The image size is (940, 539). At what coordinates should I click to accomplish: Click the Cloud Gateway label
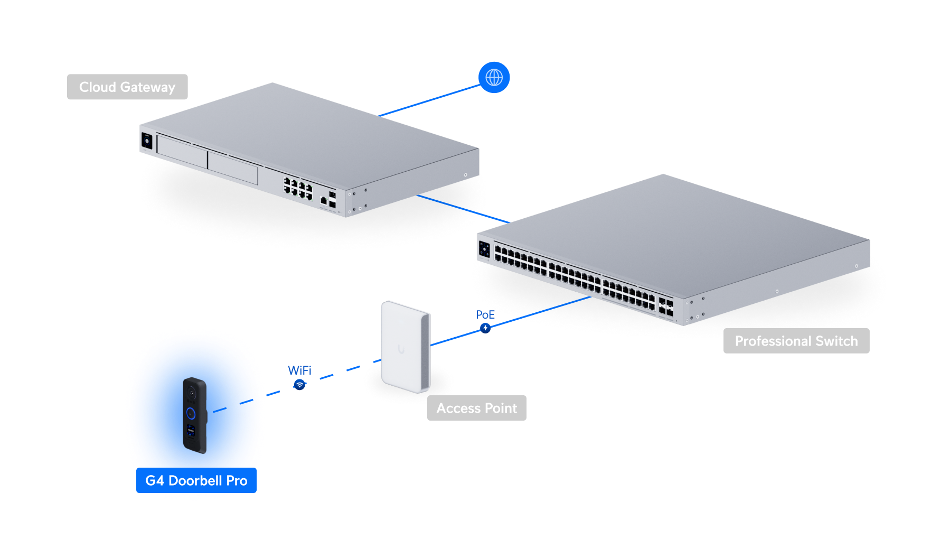(127, 87)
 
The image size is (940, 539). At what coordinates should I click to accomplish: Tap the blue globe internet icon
(494, 78)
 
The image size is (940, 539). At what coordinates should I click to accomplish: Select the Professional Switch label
(796, 341)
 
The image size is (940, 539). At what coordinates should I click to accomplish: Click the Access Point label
(476, 408)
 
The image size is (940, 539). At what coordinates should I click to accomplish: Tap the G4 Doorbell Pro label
(196, 480)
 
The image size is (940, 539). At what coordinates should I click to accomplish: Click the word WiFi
(299, 370)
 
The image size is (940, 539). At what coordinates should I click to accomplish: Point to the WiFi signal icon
(299, 385)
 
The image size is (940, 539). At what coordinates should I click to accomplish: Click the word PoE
(485, 315)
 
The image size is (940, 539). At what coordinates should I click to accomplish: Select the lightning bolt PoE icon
(485, 328)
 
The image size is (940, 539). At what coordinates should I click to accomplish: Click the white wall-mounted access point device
(405, 346)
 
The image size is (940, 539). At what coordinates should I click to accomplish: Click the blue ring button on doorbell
(191, 413)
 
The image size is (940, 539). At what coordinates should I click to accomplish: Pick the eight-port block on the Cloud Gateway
(298, 189)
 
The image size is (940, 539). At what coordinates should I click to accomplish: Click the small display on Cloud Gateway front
(147, 141)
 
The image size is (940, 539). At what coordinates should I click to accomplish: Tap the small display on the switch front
(484, 249)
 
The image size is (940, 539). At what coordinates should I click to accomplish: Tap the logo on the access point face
(401, 349)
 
